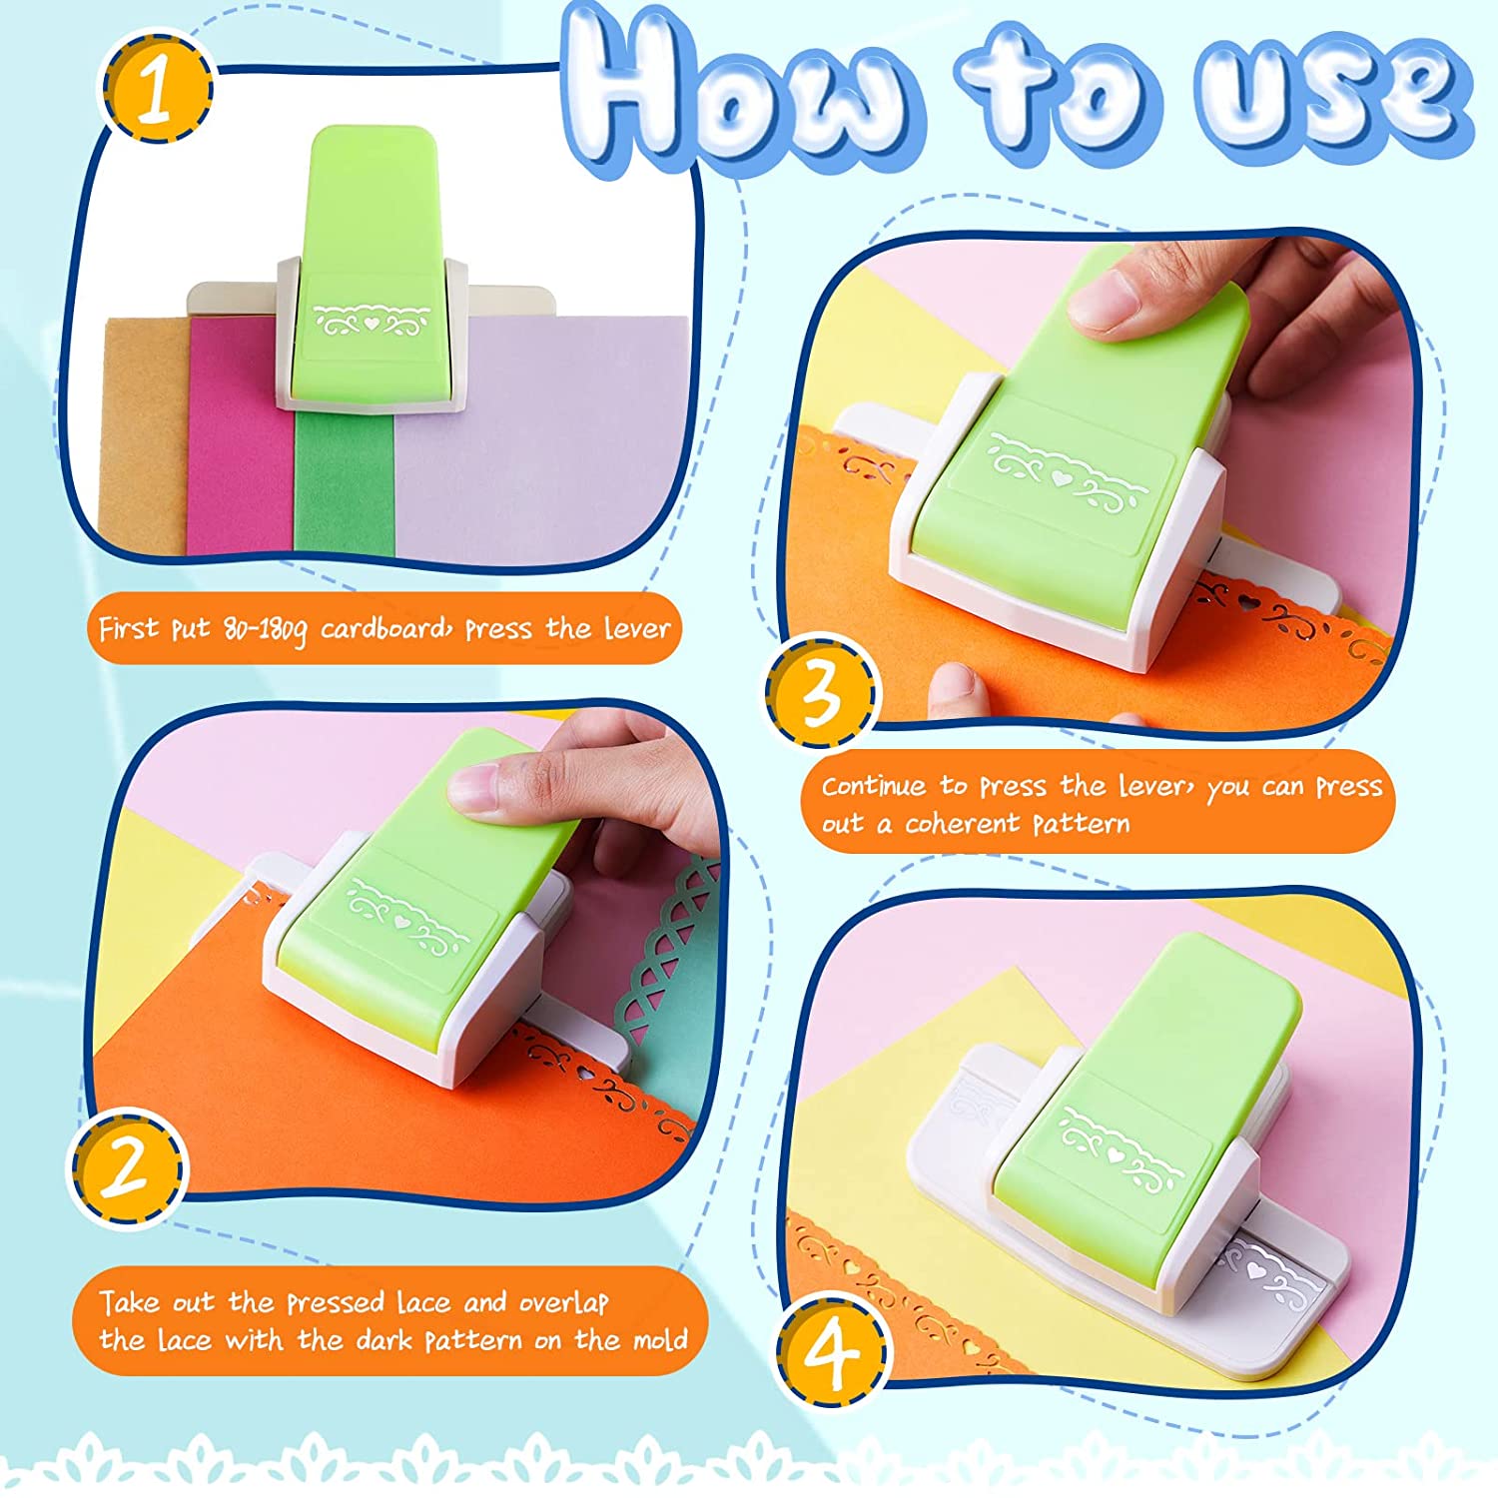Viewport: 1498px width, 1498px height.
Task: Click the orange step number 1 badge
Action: (x=155, y=88)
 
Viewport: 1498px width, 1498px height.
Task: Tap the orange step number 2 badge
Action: (x=127, y=1167)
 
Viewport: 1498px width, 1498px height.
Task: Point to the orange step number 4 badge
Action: (x=833, y=1351)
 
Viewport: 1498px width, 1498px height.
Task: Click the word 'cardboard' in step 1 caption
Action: (x=385, y=628)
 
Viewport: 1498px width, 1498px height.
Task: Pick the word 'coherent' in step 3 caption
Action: (x=964, y=824)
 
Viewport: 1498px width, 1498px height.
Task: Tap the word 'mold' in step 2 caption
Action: (x=658, y=1339)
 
